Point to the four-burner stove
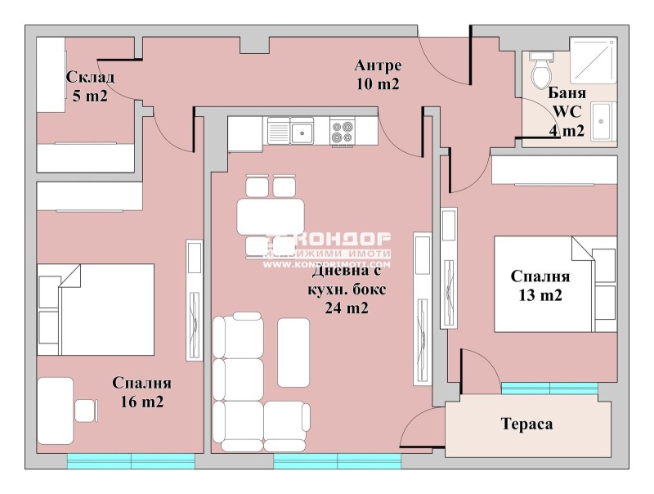point(342,132)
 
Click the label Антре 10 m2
point(377,74)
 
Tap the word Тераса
point(526,424)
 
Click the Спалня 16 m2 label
point(142,392)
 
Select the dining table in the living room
point(270,217)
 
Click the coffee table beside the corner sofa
point(293,352)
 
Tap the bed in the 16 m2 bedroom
point(96,308)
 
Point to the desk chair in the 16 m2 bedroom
point(86,408)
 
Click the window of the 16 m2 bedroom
point(131,461)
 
